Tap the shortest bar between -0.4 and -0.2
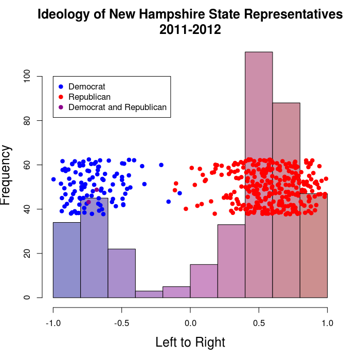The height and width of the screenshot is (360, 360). point(149,294)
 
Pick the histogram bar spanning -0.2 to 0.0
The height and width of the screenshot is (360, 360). point(176,292)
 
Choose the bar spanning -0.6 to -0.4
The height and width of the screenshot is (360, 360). point(121,273)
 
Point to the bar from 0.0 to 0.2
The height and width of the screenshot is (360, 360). point(204,281)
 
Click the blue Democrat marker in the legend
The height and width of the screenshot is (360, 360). point(61,86)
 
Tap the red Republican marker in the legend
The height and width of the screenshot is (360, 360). point(61,97)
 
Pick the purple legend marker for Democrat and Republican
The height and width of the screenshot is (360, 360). point(61,107)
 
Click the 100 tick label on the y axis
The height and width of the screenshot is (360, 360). point(28,76)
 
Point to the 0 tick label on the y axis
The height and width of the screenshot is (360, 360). point(28,297)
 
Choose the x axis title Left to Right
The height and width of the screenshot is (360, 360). point(190,342)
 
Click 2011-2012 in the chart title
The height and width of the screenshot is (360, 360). point(190,30)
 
